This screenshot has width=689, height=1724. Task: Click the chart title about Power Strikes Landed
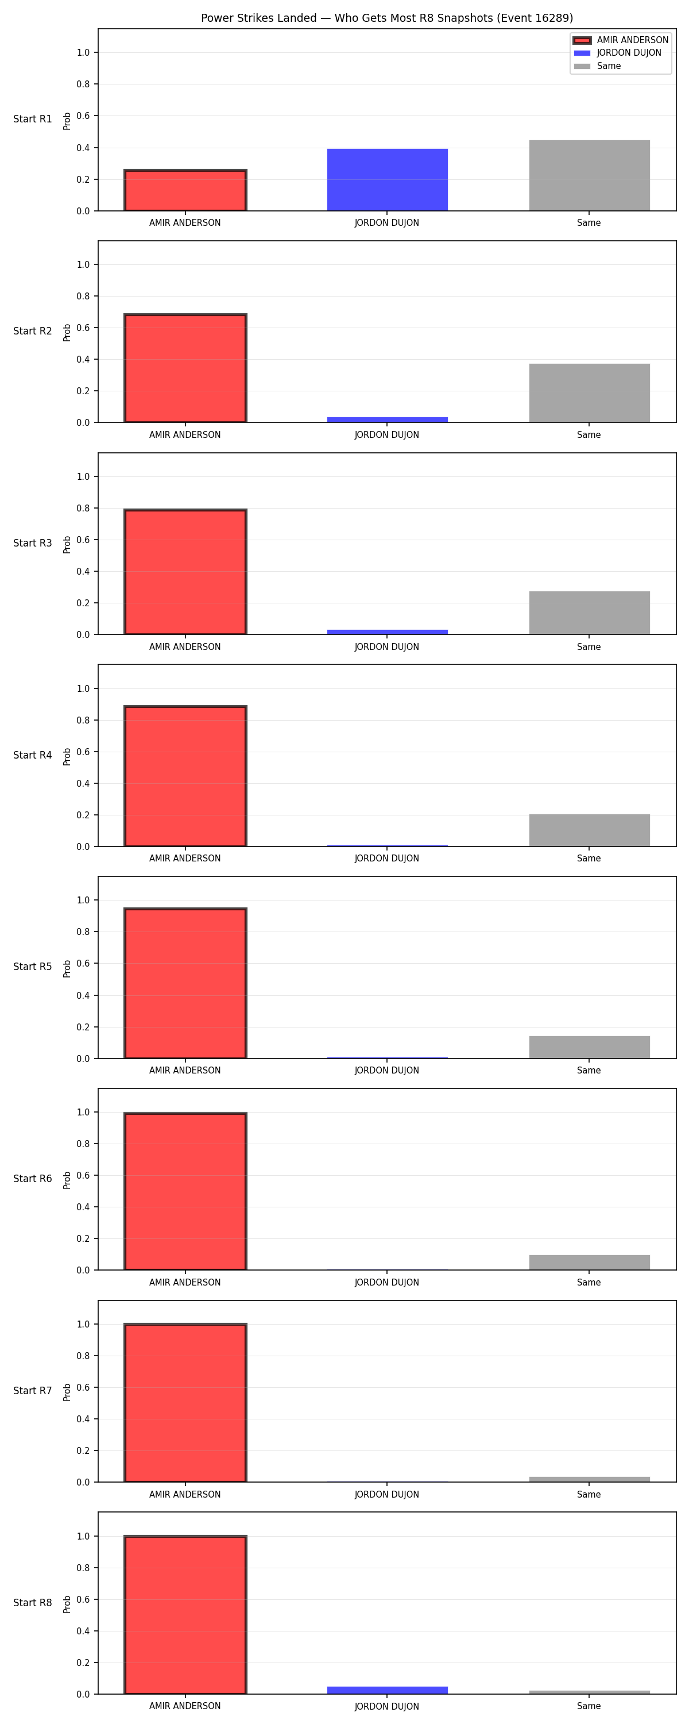pyautogui.click(x=386, y=18)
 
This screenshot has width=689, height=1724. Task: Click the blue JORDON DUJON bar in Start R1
pyautogui.click(x=388, y=179)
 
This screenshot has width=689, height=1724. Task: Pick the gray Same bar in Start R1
pyautogui.click(x=589, y=175)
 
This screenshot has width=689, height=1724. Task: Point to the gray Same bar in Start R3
pyautogui.click(x=589, y=613)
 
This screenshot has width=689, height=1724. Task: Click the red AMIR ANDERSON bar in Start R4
pyautogui.click(x=185, y=776)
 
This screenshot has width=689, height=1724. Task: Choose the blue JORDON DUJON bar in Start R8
pyautogui.click(x=388, y=1690)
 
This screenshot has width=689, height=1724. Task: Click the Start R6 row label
pyautogui.click(x=32, y=1179)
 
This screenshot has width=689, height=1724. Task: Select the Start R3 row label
pyautogui.click(x=32, y=542)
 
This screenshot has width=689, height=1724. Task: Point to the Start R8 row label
pyautogui.click(x=32, y=1602)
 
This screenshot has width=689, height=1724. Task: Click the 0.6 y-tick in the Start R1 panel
pyautogui.click(x=83, y=116)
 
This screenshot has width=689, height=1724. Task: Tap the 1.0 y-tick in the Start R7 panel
pyautogui.click(x=83, y=1324)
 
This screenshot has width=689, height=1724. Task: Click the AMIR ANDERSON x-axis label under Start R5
pyautogui.click(x=185, y=1070)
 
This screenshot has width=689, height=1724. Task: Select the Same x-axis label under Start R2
pyautogui.click(x=589, y=434)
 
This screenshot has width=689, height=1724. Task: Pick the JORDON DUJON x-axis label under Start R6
pyautogui.click(x=386, y=1282)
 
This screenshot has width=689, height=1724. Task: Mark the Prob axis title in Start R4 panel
pyautogui.click(x=67, y=756)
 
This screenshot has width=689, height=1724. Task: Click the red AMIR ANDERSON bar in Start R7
pyautogui.click(x=185, y=1402)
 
